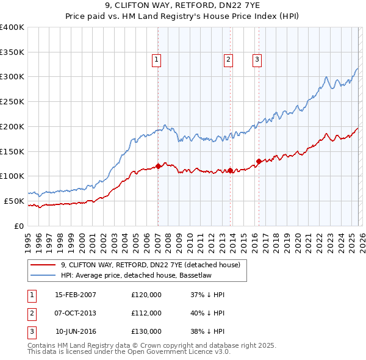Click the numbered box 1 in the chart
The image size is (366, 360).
click(157, 60)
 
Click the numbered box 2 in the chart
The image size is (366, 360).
click(228, 60)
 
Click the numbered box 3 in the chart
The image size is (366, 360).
click(257, 60)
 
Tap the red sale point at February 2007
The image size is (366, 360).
click(158, 165)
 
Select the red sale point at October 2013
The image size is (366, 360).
click(231, 170)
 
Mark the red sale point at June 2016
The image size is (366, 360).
click(259, 161)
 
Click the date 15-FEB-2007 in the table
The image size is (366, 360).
click(76, 295)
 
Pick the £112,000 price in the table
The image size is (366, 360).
click(146, 313)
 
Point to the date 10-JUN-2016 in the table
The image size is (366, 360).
click(76, 331)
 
